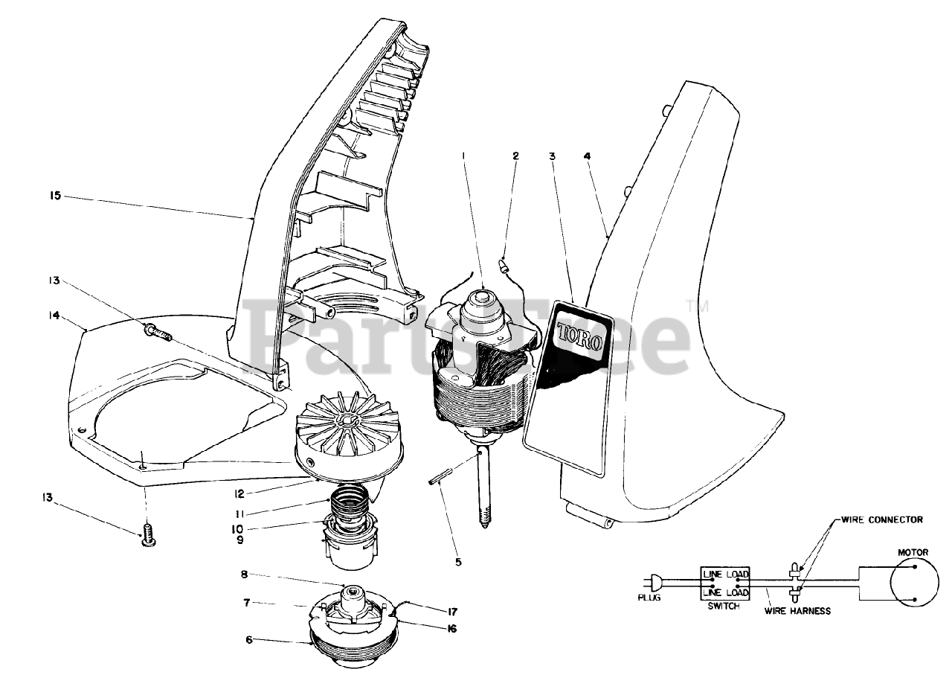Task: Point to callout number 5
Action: click(x=458, y=562)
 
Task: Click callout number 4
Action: click(x=587, y=156)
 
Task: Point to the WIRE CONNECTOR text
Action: click(x=881, y=519)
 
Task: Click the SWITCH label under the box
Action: click(x=724, y=607)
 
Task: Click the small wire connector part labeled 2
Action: click(x=504, y=263)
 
